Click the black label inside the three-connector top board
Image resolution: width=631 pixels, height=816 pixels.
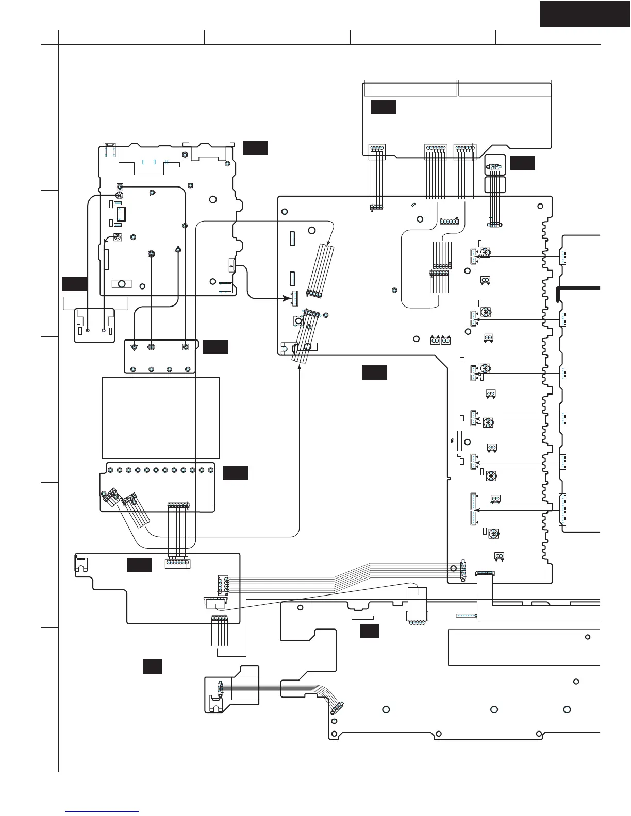[383, 107]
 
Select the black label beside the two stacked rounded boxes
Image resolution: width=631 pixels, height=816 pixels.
[522, 163]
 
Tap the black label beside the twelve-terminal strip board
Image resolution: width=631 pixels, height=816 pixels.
[235, 472]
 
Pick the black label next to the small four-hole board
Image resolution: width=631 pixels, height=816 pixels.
[215, 347]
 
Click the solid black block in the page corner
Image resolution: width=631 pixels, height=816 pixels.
[585, 13]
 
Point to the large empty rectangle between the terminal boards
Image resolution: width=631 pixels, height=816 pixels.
[161, 417]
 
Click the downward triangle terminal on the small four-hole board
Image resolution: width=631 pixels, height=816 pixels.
[134, 347]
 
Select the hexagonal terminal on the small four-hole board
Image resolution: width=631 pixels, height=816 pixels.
[152, 347]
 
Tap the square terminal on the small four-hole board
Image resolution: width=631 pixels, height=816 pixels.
[186, 347]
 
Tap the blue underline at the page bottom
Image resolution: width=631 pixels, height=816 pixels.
[103, 812]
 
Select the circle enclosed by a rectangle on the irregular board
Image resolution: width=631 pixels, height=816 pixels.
[122, 284]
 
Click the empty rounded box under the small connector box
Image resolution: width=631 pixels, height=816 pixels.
[495, 185]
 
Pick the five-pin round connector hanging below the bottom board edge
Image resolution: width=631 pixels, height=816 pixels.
[417, 622]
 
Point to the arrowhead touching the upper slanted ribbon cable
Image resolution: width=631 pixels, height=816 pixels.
[328, 241]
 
